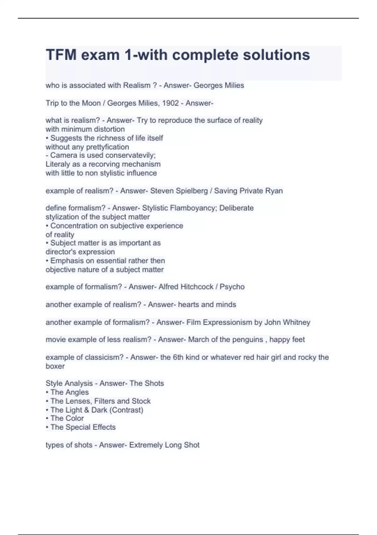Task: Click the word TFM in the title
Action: (61, 55)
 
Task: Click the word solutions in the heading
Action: (276, 55)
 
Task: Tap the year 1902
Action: (170, 103)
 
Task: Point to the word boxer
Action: (55, 366)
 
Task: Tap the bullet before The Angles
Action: (47, 392)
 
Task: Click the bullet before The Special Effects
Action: (47, 427)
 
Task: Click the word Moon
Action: (91, 103)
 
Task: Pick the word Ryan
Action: (274, 191)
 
